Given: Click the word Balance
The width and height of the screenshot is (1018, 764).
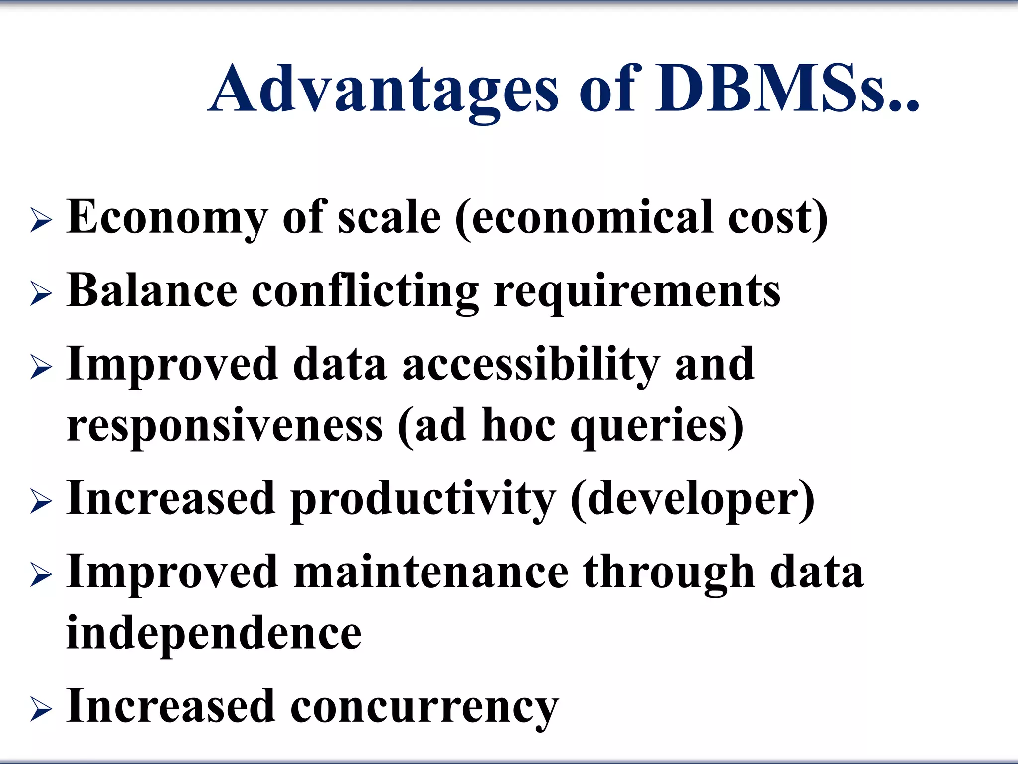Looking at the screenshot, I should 152,291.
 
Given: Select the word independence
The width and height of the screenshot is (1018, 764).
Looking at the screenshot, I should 214,633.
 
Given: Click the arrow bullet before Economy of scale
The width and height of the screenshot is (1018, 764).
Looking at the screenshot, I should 41,220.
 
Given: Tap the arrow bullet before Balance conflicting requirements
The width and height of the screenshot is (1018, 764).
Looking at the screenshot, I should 41,293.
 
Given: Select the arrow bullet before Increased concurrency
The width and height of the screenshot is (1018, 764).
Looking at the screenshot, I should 41,709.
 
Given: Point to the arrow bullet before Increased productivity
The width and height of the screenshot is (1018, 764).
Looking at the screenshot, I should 41,501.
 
